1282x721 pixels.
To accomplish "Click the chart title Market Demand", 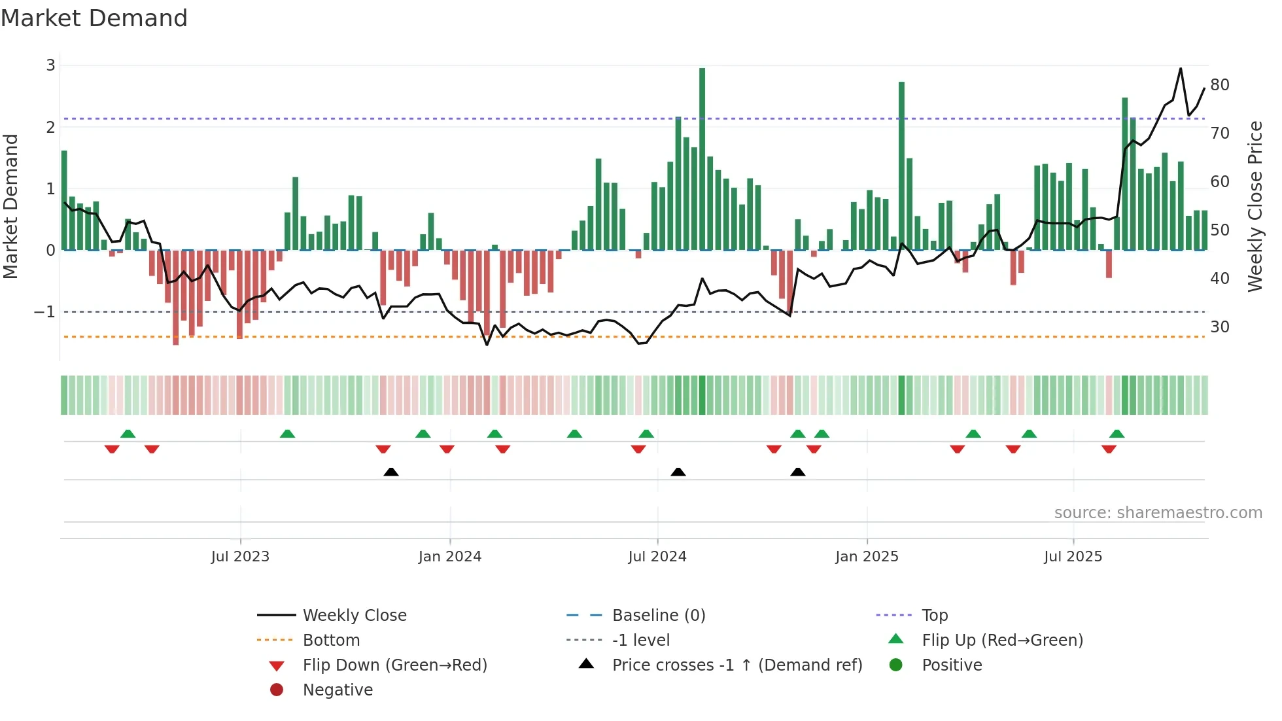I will click(x=94, y=18).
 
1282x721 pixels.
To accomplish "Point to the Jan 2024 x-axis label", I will click(x=449, y=557).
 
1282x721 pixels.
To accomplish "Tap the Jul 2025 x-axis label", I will click(x=1073, y=557).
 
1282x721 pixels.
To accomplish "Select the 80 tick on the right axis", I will click(x=1220, y=85).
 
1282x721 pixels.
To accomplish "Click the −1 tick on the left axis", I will click(x=44, y=312).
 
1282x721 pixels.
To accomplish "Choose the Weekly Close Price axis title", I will click(x=1255, y=206).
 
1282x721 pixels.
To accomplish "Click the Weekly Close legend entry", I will click(x=354, y=616).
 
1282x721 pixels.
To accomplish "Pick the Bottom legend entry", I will click(x=331, y=641).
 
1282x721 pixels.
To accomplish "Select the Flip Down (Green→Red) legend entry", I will click(x=394, y=665).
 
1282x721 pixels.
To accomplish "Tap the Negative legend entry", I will click(x=338, y=690).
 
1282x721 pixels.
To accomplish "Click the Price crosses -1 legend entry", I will click(x=736, y=665).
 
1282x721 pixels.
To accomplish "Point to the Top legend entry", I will click(x=935, y=616).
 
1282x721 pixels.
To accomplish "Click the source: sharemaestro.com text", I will click(x=1158, y=513).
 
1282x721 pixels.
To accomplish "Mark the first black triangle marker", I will click(x=390, y=472).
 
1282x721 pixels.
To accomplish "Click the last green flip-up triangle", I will click(x=1117, y=434).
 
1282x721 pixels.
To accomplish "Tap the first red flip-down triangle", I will click(x=112, y=449).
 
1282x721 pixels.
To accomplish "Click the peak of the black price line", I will click(x=1181, y=69).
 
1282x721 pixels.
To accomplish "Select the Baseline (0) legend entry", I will click(x=658, y=616).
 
